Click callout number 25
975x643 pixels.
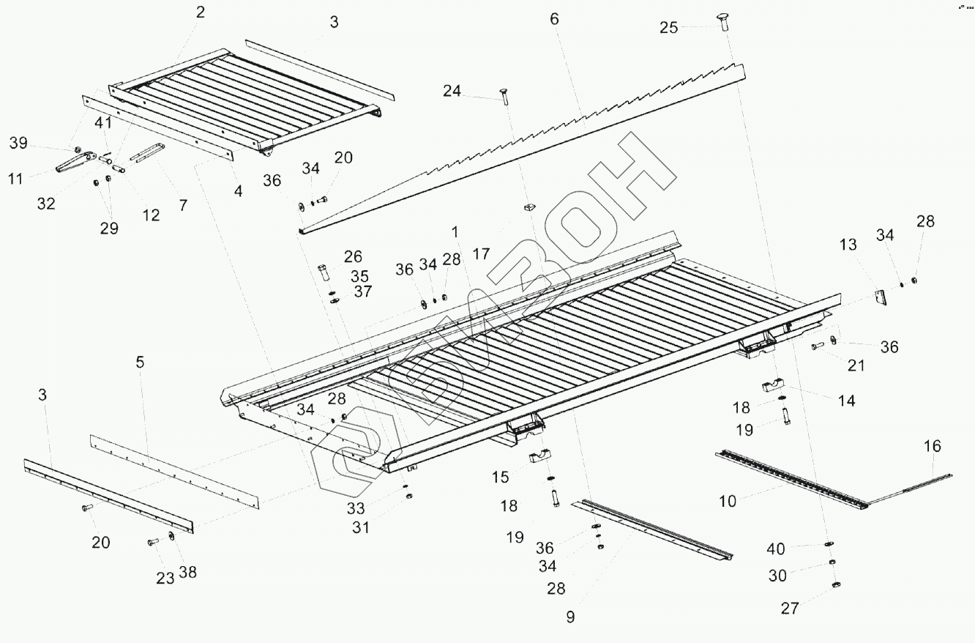coord(669,28)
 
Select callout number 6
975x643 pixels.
coord(554,19)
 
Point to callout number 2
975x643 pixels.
coord(201,12)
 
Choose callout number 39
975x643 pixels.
coord(18,143)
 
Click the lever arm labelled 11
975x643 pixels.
coord(73,162)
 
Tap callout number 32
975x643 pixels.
coord(46,204)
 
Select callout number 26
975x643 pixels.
coord(354,257)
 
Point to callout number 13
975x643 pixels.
coord(848,245)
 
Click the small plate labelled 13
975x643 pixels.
coord(881,297)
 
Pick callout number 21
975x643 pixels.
coord(856,365)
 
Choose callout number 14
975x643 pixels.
coord(847,401)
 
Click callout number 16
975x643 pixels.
coord(933,446)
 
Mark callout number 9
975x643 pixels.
coord(570,617)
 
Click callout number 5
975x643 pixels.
coord(140,362)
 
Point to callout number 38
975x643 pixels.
coord(188,572)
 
